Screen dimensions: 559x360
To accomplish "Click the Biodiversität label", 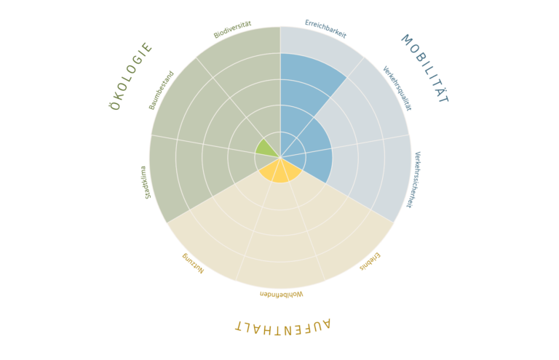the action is (x=232, y=30).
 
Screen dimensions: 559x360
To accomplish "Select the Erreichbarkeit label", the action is (x=325, y=29).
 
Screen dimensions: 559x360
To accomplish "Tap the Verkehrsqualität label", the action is (x=397, y=88).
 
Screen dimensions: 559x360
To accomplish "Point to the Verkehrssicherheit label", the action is (x=413, y=180).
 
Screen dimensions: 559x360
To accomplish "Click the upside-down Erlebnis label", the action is (x=370, y=262).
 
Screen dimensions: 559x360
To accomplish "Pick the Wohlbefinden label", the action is (x=281, y=294).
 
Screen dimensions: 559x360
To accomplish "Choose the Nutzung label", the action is (x=193, y=263).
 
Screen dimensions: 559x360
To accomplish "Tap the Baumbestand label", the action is (x=161, y=90).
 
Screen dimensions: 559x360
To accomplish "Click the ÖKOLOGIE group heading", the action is (x=131, y=76).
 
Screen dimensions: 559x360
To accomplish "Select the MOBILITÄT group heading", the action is (x=425, y=68).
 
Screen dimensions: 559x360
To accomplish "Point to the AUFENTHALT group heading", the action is (x=282, y=327).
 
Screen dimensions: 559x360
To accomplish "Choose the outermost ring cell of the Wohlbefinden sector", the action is (x=280, y=273).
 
